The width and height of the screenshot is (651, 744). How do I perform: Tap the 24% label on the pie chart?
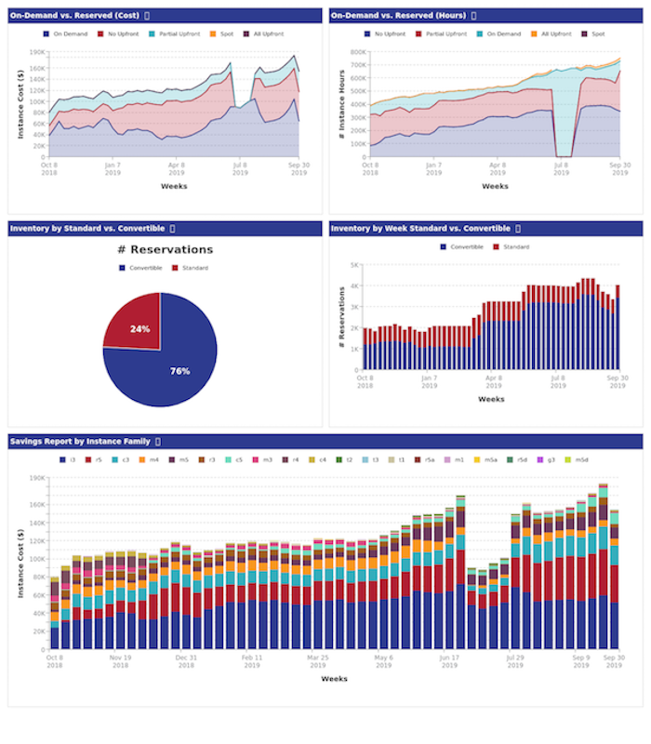click(139, 329)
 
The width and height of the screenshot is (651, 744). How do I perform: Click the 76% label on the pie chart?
click(179, 371)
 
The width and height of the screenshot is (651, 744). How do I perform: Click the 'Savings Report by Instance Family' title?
click(79, 441)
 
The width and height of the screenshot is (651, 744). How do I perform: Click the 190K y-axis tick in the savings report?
click(36, 478)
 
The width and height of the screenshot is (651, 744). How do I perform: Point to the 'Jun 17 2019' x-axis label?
click(449, 661)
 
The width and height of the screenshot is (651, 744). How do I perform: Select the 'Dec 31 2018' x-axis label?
click(186, 661)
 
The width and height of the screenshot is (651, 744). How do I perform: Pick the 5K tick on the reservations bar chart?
click(354, 265)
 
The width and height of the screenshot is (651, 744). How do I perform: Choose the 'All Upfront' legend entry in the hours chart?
click(553, 33)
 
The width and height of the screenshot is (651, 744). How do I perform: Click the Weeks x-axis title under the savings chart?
click(334, 679)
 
